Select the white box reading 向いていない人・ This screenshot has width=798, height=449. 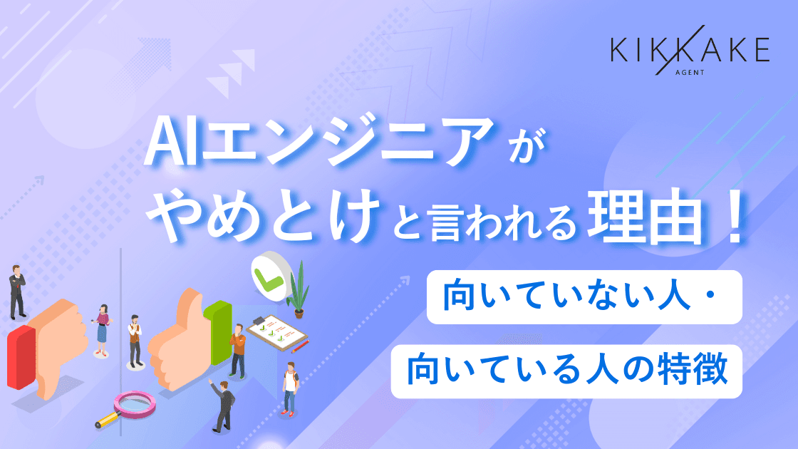pyautogui.click(x=584, y=298)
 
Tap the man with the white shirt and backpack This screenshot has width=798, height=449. pyautogui.click(x=289, y=388)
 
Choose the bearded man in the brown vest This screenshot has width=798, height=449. pyautogui.click(x=134, y=341)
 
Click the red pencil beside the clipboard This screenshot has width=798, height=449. pyautogui.click(x=300, y=347)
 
